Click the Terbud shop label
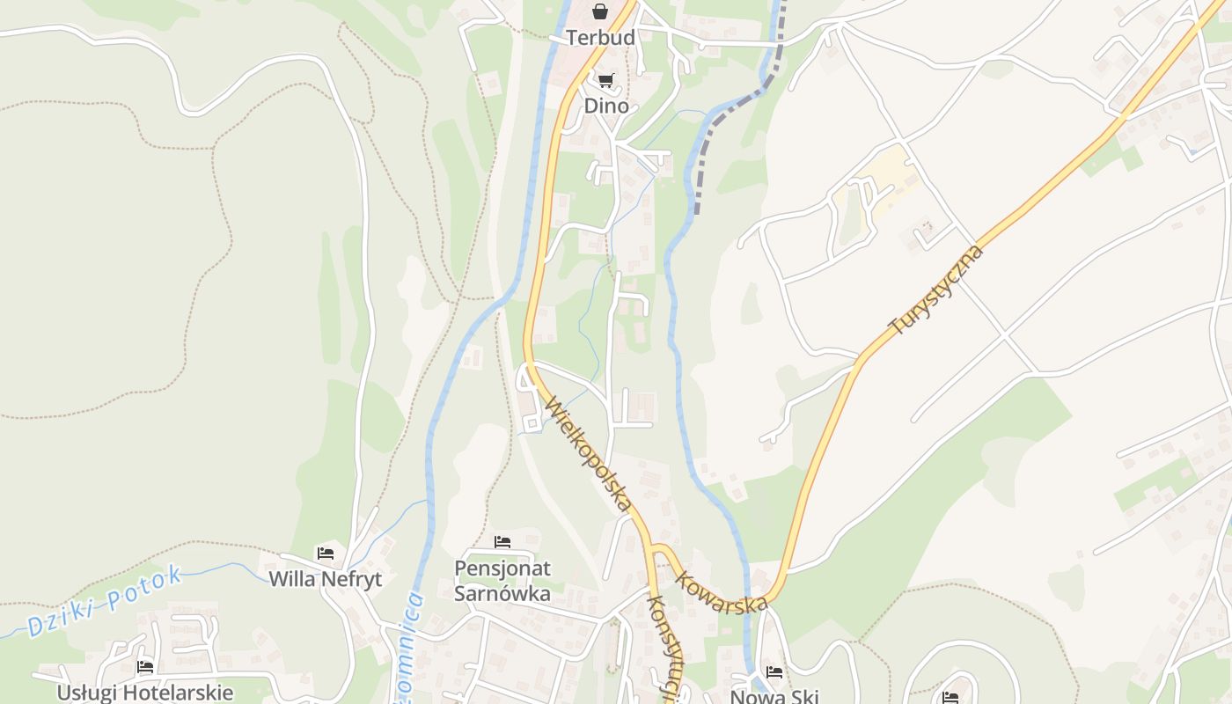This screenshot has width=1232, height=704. [600, 38]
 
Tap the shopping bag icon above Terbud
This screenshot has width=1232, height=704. [600, 11]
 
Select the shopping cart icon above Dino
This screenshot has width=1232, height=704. [605, 81]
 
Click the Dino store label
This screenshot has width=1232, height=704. [606, 106]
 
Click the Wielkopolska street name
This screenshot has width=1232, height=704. [588, 454]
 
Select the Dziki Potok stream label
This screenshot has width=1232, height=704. [105, 601]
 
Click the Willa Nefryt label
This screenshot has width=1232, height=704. [326, 579]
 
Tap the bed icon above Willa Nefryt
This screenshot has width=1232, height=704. [326, 554]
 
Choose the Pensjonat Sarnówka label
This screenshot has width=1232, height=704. [502, 581]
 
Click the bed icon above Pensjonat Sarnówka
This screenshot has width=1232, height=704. [502, 541]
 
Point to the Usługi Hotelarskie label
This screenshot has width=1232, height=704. [145, 692]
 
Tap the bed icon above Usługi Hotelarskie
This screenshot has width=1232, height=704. [145, 667]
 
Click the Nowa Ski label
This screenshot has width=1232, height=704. [774, 696]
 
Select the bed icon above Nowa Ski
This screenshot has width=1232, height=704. [774, 672]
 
